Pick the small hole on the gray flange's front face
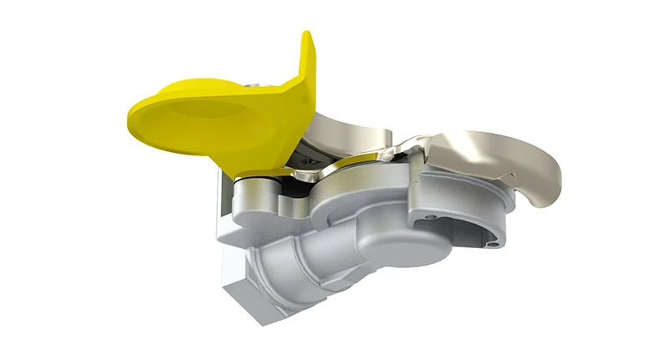click(x=431, y=219)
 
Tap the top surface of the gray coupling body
click(x=367, y=188)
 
